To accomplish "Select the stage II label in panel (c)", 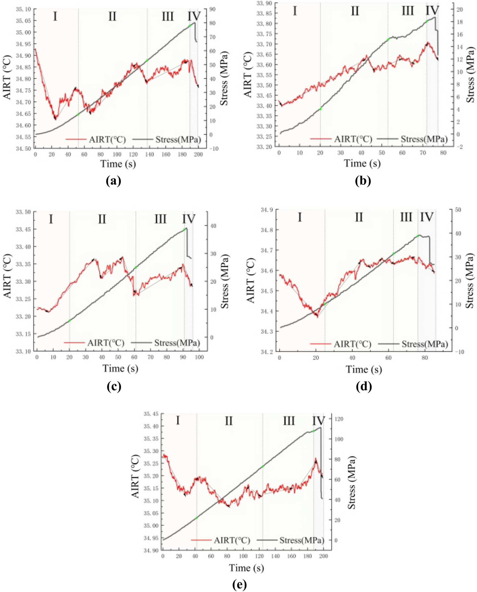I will coord(102,220).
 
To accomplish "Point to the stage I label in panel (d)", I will coord(299,217).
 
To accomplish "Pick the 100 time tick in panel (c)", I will coord(199,357).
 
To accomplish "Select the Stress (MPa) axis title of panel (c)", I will coord(225,281).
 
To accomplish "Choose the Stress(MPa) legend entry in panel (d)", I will coord(424,344).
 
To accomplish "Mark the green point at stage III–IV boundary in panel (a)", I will coord(190,26).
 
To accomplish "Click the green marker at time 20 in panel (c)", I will coord(70,321).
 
